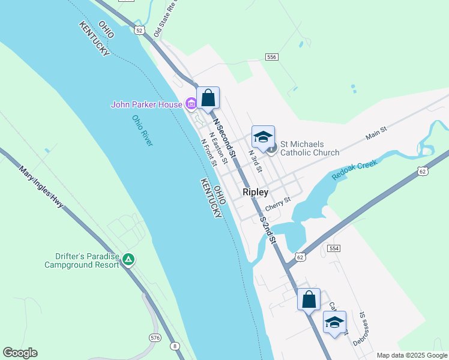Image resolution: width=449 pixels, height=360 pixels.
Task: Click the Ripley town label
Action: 255,193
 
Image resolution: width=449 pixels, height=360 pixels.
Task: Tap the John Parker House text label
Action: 146,104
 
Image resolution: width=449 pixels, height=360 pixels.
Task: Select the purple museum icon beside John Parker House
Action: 191,104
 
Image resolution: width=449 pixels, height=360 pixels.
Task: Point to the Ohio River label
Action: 143,130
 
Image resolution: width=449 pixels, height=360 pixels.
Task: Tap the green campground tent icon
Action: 128,260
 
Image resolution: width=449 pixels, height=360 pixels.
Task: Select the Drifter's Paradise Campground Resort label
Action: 82,260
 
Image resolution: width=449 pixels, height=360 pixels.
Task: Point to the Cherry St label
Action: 278,204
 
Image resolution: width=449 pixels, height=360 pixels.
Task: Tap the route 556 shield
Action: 272,56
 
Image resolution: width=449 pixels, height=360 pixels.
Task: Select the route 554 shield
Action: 334,248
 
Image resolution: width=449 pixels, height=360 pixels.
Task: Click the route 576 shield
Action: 155,338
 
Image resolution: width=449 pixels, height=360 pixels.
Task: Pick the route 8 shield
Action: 174,346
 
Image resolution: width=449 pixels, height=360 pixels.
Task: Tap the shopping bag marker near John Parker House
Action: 208,98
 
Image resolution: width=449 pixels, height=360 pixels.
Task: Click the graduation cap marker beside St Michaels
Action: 262,137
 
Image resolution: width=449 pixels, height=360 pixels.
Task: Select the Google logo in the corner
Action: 20,353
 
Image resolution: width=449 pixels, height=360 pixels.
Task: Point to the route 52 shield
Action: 139,30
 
